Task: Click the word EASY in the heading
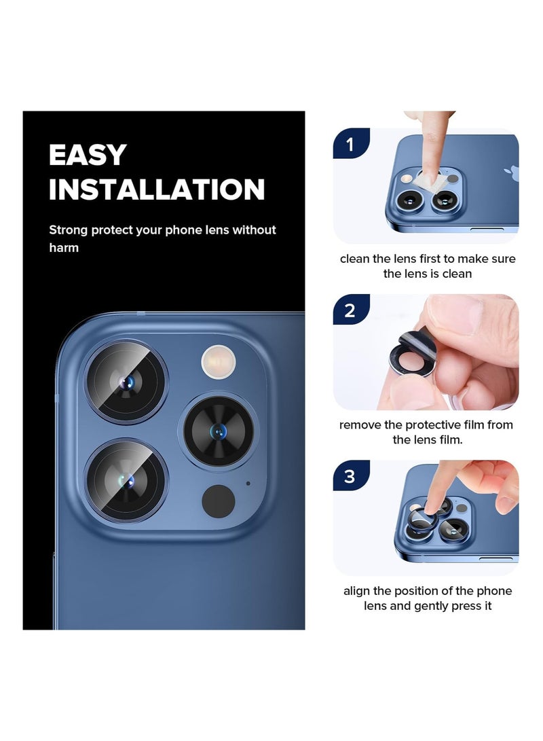(x=88, y=156)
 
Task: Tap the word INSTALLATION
(x=156, y=189)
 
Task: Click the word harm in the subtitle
(x=64, y=248)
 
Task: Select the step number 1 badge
(x=350, y=144)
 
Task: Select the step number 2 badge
(x=350, y=310)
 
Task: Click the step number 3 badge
(x=350, y=476)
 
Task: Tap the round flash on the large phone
(x=218, y=361)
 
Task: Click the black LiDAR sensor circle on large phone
(x=219, y=501)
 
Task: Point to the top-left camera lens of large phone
(x=126, y=382)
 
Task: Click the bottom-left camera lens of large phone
(x=126, y=481)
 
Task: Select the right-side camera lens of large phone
(x=219, y=431)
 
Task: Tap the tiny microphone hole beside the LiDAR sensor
(x=248, y=483)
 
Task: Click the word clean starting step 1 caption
(x=354, y=259)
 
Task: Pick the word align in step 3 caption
(x=356, y=591)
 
